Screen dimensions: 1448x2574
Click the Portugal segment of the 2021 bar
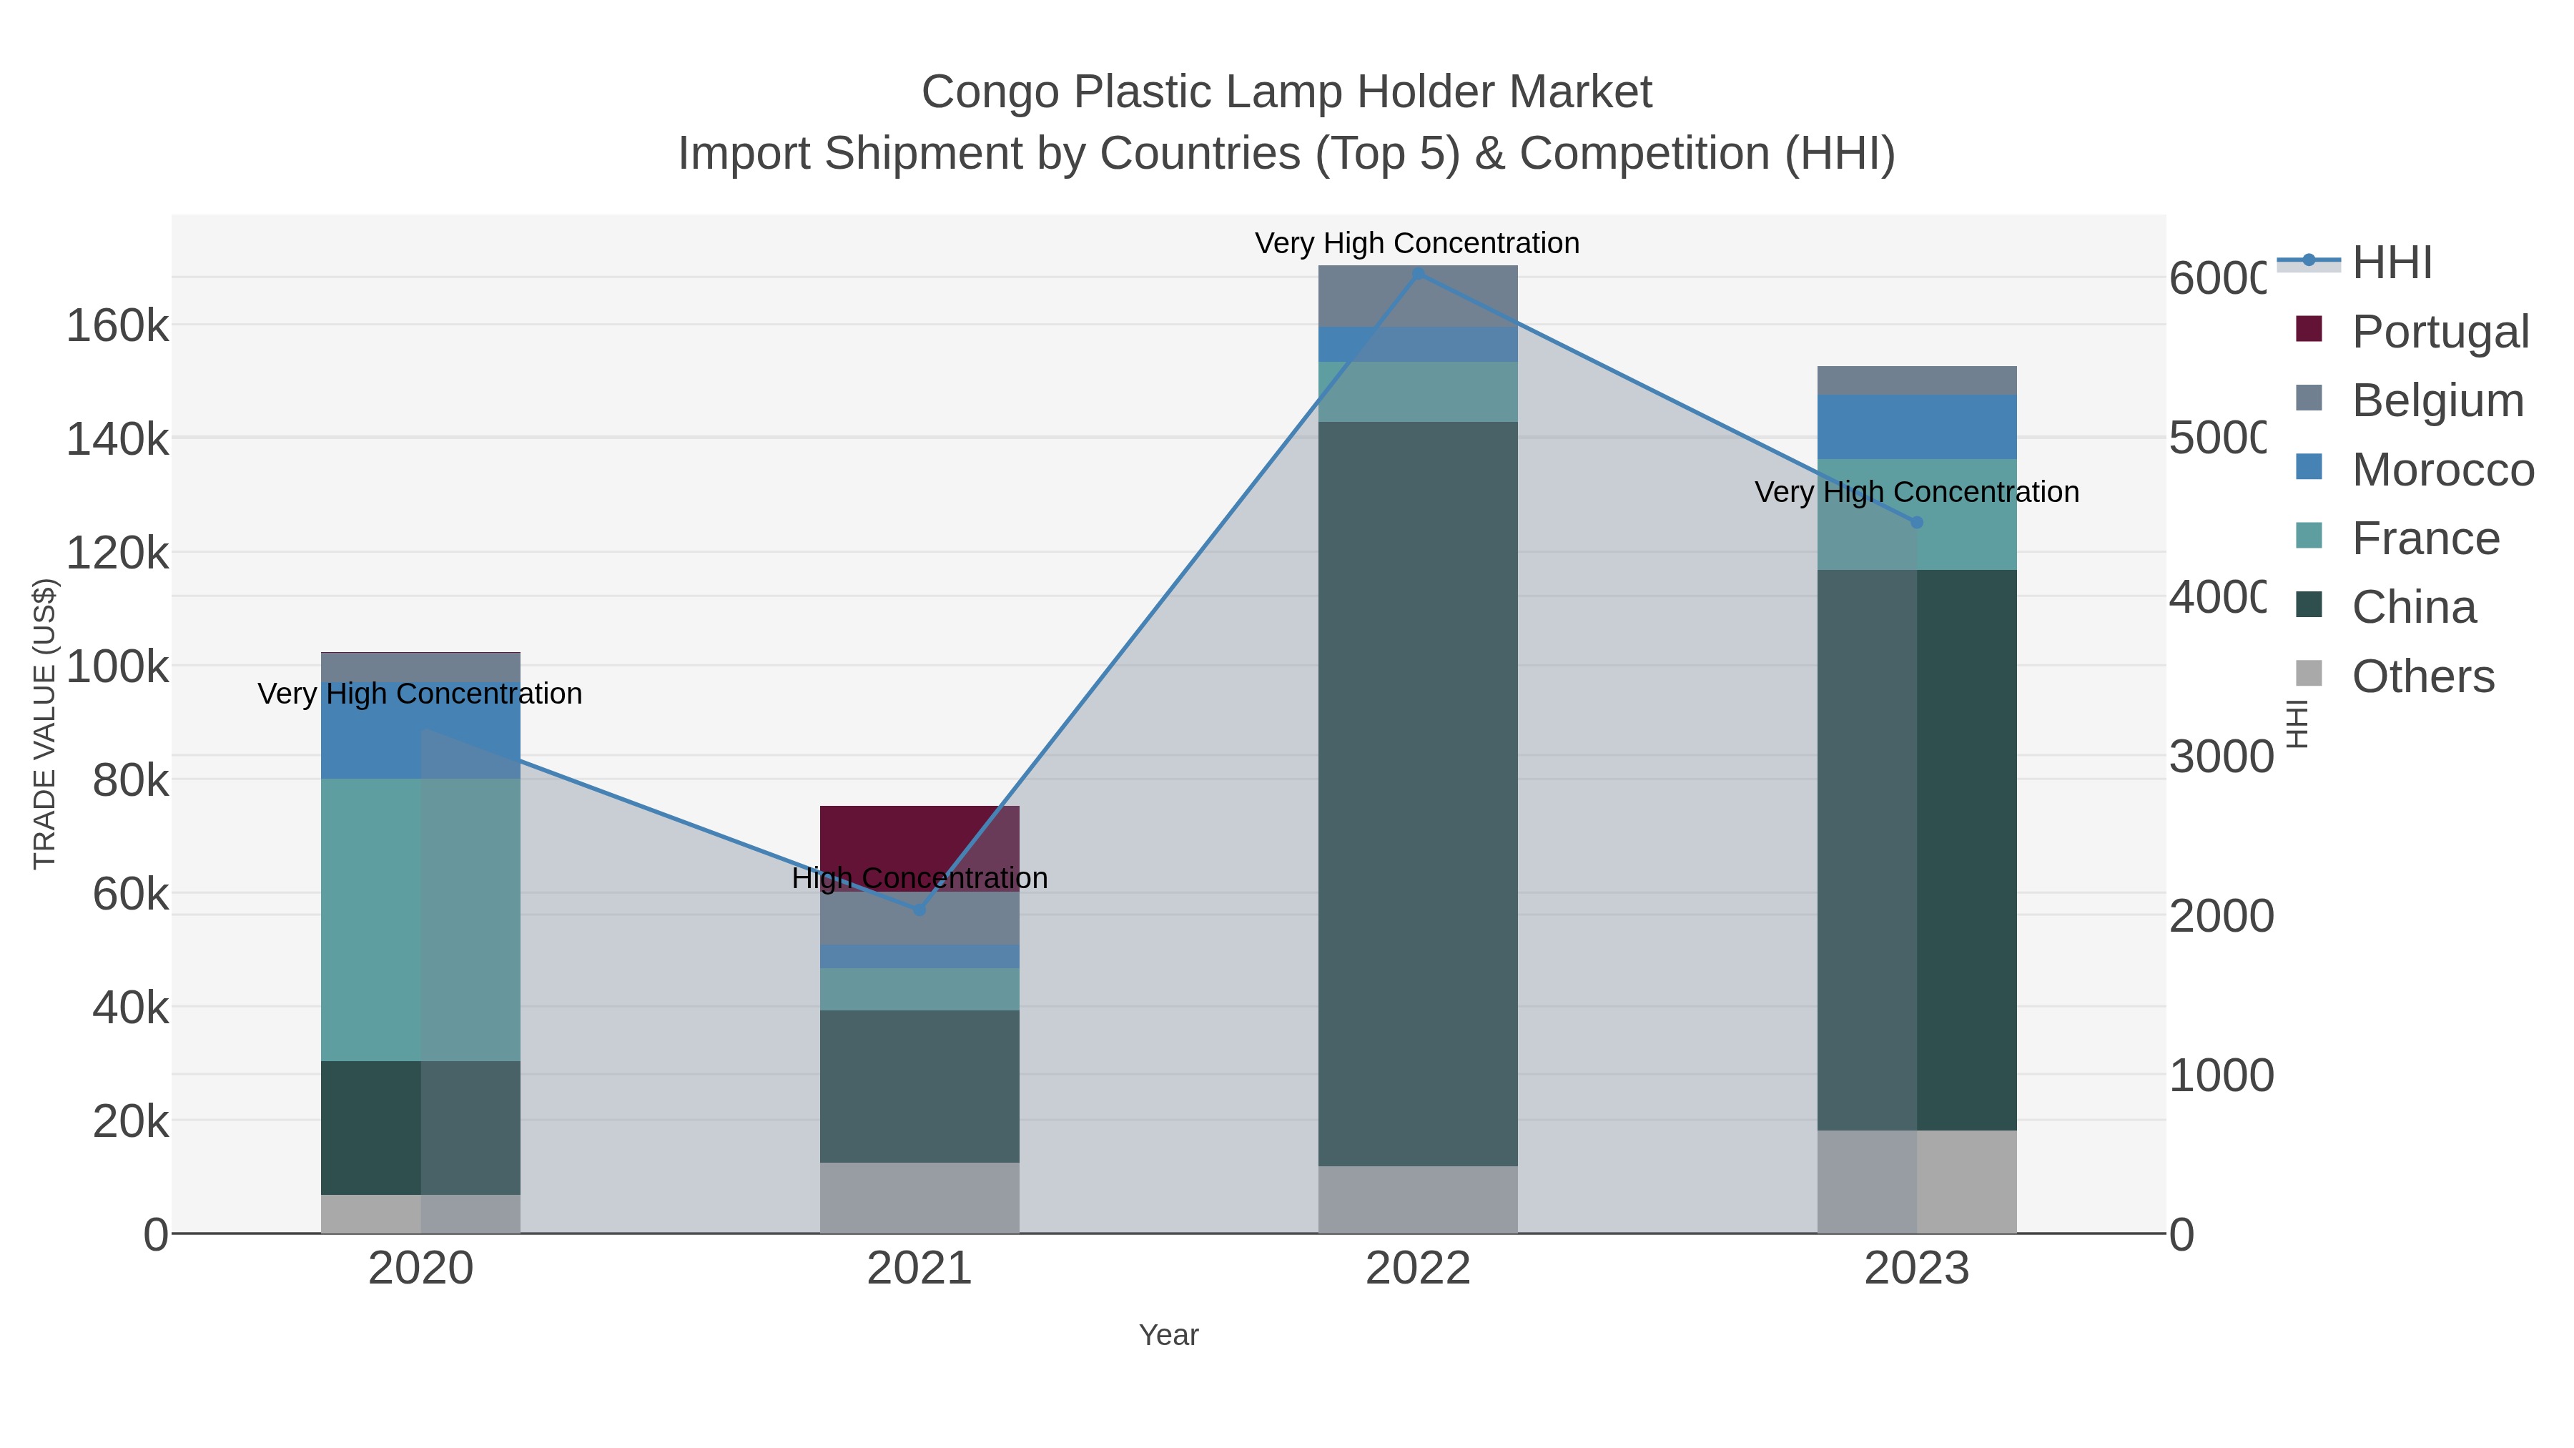pos(919,834)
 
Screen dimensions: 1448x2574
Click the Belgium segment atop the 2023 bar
pos(1915,380)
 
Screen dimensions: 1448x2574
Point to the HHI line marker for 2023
pos(1915,523)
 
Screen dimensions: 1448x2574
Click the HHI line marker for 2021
pos(919,910)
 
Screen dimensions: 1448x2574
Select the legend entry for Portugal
pos(2439,332)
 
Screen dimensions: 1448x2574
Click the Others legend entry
pos(2422,676)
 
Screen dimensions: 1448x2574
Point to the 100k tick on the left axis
pos(117,666)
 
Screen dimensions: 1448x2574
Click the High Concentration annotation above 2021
pos(919,878)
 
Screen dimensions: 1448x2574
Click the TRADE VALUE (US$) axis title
pos(45,724)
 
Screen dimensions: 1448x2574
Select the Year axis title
pos(1168,1335)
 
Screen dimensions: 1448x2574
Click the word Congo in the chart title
pos(990,92)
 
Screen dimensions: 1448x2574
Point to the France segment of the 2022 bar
pos(1417,392)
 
